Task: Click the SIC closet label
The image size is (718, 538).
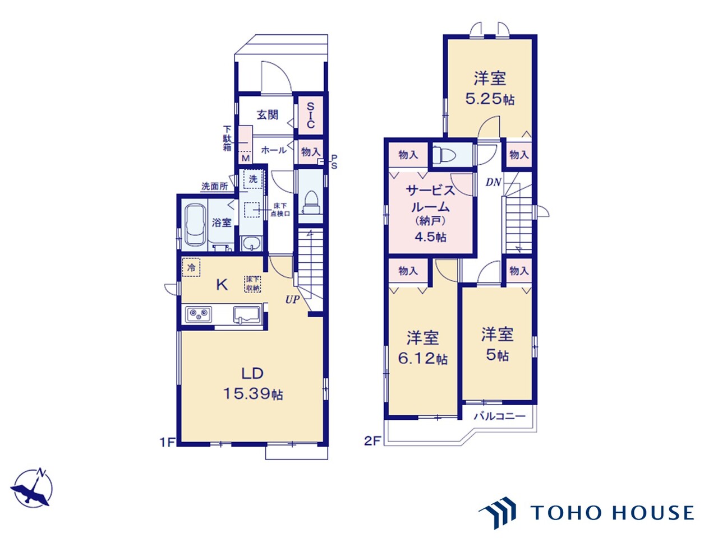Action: coord(310,115)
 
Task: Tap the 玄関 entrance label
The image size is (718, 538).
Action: coord(267,115)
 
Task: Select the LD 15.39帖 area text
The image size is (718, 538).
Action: coord(253,383)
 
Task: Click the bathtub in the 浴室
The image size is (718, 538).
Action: coord(195,225)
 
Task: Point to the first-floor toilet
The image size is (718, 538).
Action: coord(311,202)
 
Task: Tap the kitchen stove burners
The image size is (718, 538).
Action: coord(198,314)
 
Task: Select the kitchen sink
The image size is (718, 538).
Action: coord(247,314)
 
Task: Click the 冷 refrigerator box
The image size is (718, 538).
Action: coord(191,267)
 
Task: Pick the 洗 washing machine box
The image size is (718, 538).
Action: coord(253,179)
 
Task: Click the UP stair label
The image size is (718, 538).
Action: coord(292,299)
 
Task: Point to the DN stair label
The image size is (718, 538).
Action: coord(493,182)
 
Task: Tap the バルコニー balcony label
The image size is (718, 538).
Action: coord(500,416)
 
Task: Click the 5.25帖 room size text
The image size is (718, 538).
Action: coord(490,99)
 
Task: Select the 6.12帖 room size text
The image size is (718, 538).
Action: coord(422,359)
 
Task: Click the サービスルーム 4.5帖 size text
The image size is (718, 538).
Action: coord(430,237)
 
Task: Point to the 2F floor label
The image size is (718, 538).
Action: coord(372,441)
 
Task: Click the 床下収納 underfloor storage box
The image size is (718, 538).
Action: coord(252,284)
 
